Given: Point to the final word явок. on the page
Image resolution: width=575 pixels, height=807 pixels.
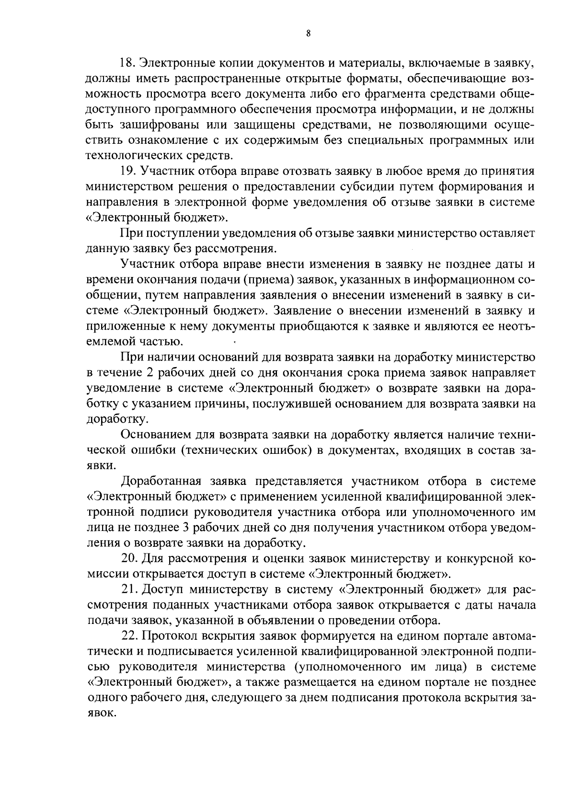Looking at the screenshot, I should [101, 713].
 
